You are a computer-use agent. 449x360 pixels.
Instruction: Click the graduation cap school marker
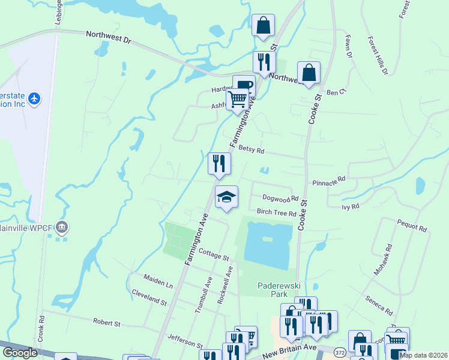(226, 197)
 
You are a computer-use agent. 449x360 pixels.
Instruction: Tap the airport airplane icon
(34, 98)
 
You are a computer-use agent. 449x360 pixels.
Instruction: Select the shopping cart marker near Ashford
(238, 99)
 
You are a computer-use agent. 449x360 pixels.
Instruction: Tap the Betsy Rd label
(252, 151)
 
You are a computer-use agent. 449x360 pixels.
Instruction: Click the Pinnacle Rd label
(329, 180)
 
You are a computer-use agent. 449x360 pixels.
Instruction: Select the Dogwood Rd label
(280, 198)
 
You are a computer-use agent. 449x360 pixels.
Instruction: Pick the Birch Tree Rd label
(276, 213)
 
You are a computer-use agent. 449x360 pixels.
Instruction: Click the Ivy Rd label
(350, 206)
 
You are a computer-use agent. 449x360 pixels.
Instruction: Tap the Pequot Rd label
(411, 226)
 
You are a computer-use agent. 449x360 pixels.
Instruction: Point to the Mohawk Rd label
(382, 259)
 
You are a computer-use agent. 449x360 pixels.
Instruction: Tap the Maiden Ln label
(158, 280)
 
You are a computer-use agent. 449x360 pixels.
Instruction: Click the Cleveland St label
(149, 298)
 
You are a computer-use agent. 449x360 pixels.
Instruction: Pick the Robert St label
(107, 323)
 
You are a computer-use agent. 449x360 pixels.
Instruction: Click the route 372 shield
(340, 351)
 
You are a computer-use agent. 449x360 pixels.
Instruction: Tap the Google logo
(20, 353)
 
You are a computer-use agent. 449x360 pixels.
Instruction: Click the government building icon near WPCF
(61, 227)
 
